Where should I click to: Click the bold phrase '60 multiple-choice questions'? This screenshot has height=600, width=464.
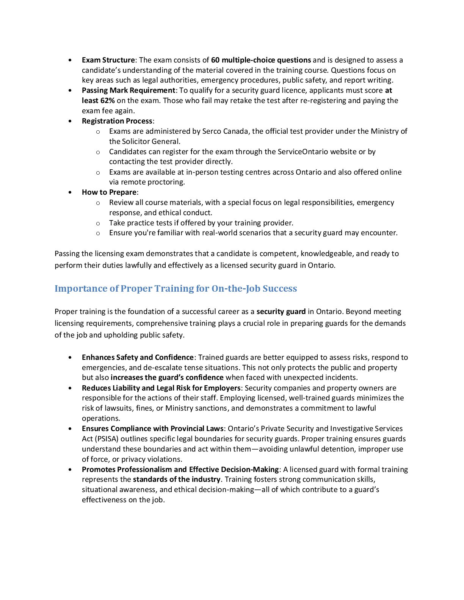coord(261,60)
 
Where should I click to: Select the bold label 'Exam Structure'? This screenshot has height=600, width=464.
coord(108,60)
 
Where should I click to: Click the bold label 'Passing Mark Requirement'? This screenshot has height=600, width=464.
coord(129,90)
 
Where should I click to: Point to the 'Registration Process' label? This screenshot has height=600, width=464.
coord(117,121)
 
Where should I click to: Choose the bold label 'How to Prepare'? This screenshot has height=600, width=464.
coord(109,192)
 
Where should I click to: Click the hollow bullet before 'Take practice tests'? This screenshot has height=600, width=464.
coord(98,223)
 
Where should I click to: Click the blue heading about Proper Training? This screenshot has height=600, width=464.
coord(176,288)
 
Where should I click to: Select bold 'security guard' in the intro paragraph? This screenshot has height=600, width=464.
coord(281,311)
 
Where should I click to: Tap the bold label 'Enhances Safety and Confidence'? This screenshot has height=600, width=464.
coord(138,357)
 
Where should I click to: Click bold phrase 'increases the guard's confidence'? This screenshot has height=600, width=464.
coord(167,377)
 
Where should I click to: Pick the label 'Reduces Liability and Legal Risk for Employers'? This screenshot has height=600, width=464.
coord(161,388)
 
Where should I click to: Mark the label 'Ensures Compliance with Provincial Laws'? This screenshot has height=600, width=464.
coord(152,428)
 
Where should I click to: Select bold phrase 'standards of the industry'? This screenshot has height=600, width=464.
coord(176,479)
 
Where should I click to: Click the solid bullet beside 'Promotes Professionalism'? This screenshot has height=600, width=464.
coord(70,469)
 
